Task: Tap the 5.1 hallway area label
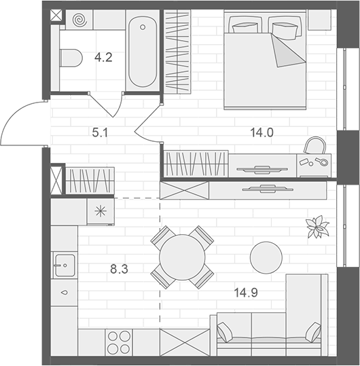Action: coord(100,133)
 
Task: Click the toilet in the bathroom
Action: coord(70,59)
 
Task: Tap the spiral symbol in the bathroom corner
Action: coord(81,20)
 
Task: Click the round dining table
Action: coord(181,257)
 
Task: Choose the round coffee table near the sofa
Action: coord(266,257)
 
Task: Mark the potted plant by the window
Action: coord(317,227)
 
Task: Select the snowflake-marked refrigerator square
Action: coord(101,211)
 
